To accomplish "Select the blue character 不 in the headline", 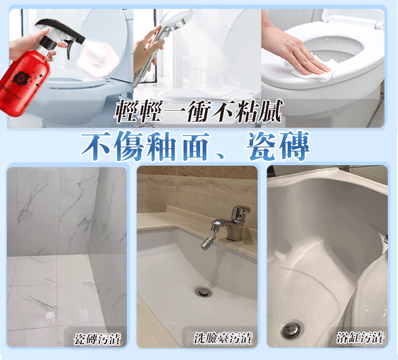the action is click(96, 145).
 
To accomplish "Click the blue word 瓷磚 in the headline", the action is click(278, 145).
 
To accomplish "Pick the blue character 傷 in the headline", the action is click(129, 145).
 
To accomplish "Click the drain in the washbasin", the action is click(204, 292).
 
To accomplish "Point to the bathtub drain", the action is click(292, 330).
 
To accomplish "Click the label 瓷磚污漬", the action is click(97, 339).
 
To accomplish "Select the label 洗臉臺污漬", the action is click(222, 338).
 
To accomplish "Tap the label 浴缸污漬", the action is click(360, 338).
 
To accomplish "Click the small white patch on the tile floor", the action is click(49, 315).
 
